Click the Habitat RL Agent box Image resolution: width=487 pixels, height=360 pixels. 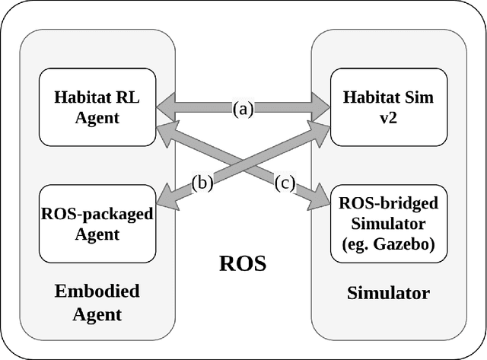(x=97, y=107)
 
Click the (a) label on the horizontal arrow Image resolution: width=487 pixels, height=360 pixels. (x=242, y=109)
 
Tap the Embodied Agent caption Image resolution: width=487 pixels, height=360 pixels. (x=97, y=301)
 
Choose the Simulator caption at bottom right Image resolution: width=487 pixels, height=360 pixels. (x=388, y=292)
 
